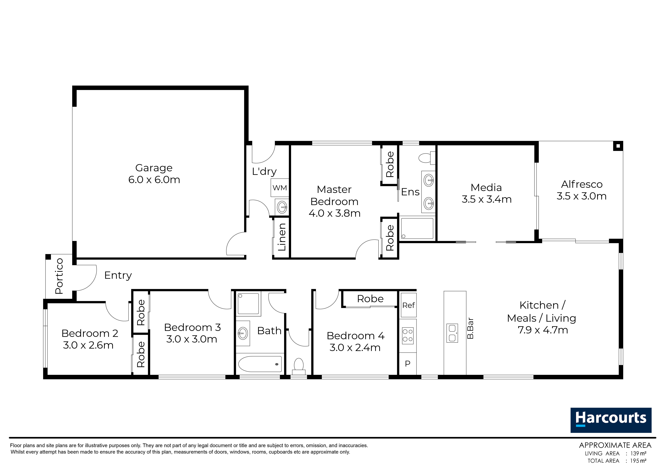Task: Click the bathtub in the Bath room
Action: pos(260,364)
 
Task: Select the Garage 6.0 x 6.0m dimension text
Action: pos(154,180)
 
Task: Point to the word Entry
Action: pos(118,275)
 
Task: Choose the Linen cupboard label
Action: pos(282,237)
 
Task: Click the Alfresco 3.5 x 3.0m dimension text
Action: pos(582,196)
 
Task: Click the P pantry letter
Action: pos(408,364)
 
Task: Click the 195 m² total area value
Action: pos(638,460)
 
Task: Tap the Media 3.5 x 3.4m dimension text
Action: pos(487,199)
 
